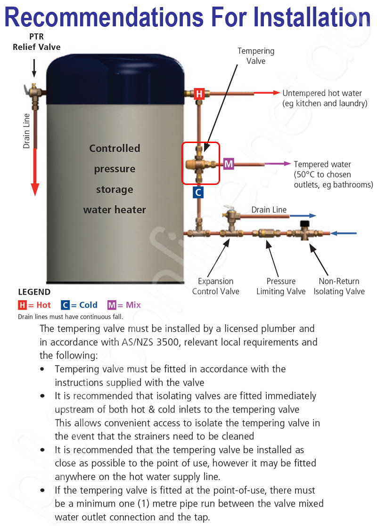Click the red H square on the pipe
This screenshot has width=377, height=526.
click(x=199, y=94)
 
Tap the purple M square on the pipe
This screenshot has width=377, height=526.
click(x=229, y=164)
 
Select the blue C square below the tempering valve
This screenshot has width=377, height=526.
click(x=198, y=192)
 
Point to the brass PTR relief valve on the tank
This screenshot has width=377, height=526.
click(x=34, y=89)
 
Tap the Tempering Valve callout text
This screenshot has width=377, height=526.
click(x=256, y=56)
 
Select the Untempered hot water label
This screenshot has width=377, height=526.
click(x=325, y=98)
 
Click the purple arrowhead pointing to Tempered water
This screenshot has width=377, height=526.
click(x=287, y=164)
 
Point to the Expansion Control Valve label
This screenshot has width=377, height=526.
click(x=215, y=286)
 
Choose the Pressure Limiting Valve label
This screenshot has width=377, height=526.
click(x=281, y=286)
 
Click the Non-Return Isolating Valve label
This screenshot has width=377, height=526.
click(x=339, y=286)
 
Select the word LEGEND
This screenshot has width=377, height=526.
click(x=34, y=292)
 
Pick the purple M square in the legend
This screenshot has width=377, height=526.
click(x=112, y=305)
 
